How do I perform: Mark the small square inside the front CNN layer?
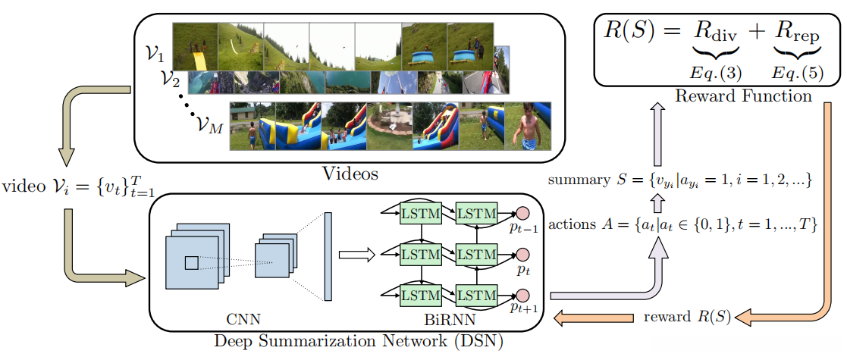click(191, 262)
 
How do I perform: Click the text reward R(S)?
click(686, 316)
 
